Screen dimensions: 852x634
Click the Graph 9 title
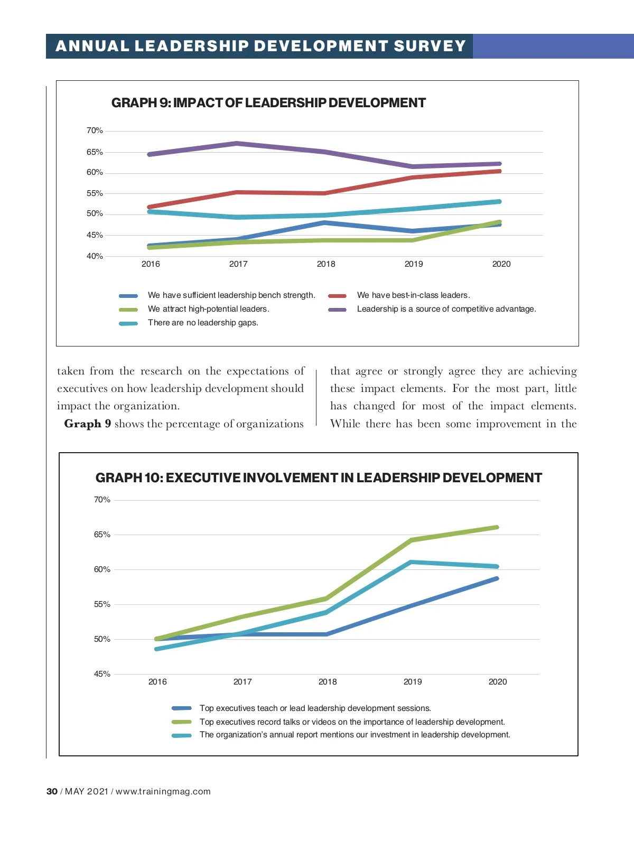(x=268, y=103)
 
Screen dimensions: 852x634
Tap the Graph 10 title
(x=319, y=478)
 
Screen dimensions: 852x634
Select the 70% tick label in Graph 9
(x=95, y=130)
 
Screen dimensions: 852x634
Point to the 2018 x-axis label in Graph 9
(x=326, y=264)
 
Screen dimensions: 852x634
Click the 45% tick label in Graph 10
(x=102, y=674)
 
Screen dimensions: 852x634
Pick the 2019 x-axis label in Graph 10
(x=413, y=682)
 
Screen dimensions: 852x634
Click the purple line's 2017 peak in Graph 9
(x=237, y=143)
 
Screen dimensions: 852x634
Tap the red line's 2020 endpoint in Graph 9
(x=499, y=171)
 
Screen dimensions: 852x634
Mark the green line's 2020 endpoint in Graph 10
(x=497, y=527)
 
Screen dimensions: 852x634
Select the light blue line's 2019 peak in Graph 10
(x=412, y=562)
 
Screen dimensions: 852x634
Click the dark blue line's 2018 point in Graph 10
(x=327, y=634)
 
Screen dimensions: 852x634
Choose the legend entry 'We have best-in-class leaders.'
(x=413, y=295)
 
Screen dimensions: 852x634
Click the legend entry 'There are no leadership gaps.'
(x=203, y=323)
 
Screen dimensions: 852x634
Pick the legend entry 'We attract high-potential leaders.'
(x=208, y=309)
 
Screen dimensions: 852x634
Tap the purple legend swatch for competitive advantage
(x=337, y=310)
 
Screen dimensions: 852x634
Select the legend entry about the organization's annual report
(x=355, y=735)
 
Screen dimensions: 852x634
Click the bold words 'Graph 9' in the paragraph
(x=87, y=424)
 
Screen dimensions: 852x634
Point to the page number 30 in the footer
(x=52, y=791)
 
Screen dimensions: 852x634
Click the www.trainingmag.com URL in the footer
(x=163, y=791)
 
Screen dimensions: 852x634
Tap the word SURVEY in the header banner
(x=430, y=46)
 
